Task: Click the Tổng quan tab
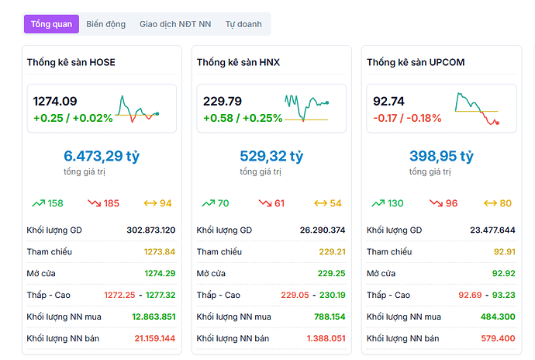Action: click(x=51, y=24)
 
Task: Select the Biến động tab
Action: click(x=106, y=24)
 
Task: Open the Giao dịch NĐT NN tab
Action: click(x=175, y=24)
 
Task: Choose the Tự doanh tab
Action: click(x=243, y=24)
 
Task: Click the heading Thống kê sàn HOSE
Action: click(x=71, y=62)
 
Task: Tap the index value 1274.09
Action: click(x=55, y=101)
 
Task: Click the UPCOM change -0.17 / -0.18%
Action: click(x=407, y=119)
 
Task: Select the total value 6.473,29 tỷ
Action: click(x=102, y=156)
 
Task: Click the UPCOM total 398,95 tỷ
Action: click(x=441, y=156)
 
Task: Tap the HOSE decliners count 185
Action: click(x=111, y=203)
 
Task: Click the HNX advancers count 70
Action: click(x=223, y=203)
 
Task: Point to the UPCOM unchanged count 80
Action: click(x=506, y=203)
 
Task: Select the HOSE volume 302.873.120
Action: click(x=150, y=230)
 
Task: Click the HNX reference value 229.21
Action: click(x=332, y=251)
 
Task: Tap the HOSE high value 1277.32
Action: click(x=160, y=295)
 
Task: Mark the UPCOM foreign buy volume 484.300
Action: click(x=498, y=317)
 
